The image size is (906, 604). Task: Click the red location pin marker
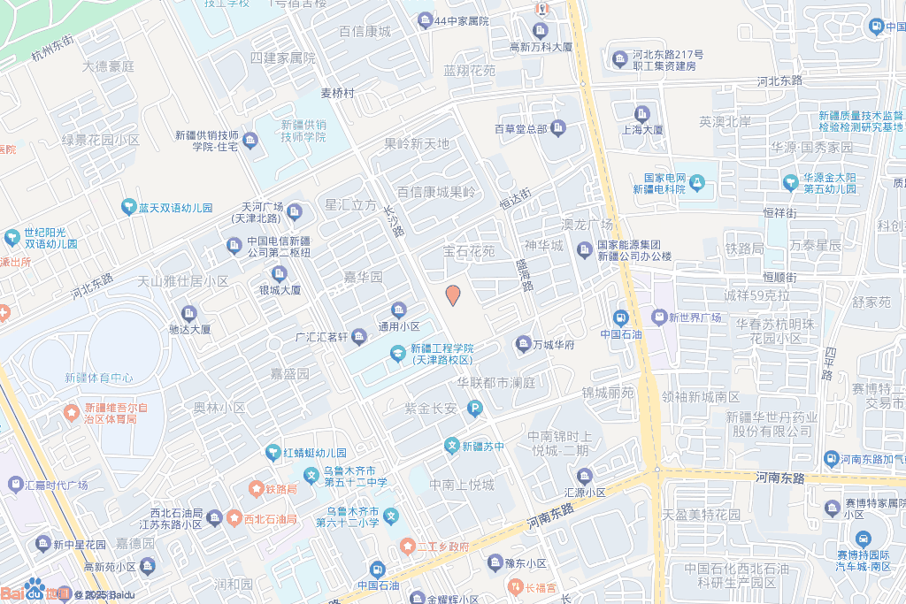pyautogui.click(x=453, y=294)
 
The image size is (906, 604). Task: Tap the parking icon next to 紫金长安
pyautogui.click(x=475, y=408)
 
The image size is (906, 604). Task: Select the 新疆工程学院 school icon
pyautogui.click(x=398, y=354)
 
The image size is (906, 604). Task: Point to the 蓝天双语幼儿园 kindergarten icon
pyautogui.click(x=128, y=208)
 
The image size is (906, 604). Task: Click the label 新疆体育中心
pyautogui.click(x=98, y=378)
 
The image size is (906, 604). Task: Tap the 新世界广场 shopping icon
pyautogui.click(x=658, y=317)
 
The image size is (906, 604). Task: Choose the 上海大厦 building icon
pyautogui.click(x=642, y=112)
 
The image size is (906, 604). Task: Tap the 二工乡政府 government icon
pyautogui.click(x=407, y=547)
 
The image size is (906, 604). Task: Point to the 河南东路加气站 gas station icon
pyautogui.click(x=832, y=458)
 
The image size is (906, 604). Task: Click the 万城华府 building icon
pyautogui.click(x=523, y=343)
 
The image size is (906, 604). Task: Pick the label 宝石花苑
pyautogui.click(x=469, y=252)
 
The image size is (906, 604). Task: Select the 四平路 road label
pyautogui.click(x=830, y=363)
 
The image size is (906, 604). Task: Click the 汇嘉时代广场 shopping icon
pyautogui.click(x=15, y=485)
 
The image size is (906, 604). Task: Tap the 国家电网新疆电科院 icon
pyautogui.click(x=697, y=182)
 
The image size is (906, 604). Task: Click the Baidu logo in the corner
pyautogui.click(x=35, y=590)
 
